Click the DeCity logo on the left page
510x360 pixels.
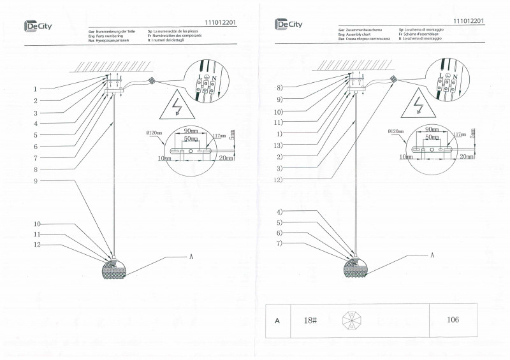tap(38, 25)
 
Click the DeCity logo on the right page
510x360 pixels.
tap(289, 24)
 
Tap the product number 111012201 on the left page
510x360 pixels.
tap(221, 22)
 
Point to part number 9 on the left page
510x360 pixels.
tap(36, 182)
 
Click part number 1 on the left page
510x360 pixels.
tap(36, 89)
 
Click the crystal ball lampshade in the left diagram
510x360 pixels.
tap(115, 269)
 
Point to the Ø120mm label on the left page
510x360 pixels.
tap(155, 133)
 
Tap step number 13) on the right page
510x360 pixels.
tap(279, 145)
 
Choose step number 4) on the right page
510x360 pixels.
tap(279, 212)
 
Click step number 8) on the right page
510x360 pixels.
tap(279, 87)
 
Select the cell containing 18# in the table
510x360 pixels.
tap(312, 320)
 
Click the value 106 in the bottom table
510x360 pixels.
tap(452, 320)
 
